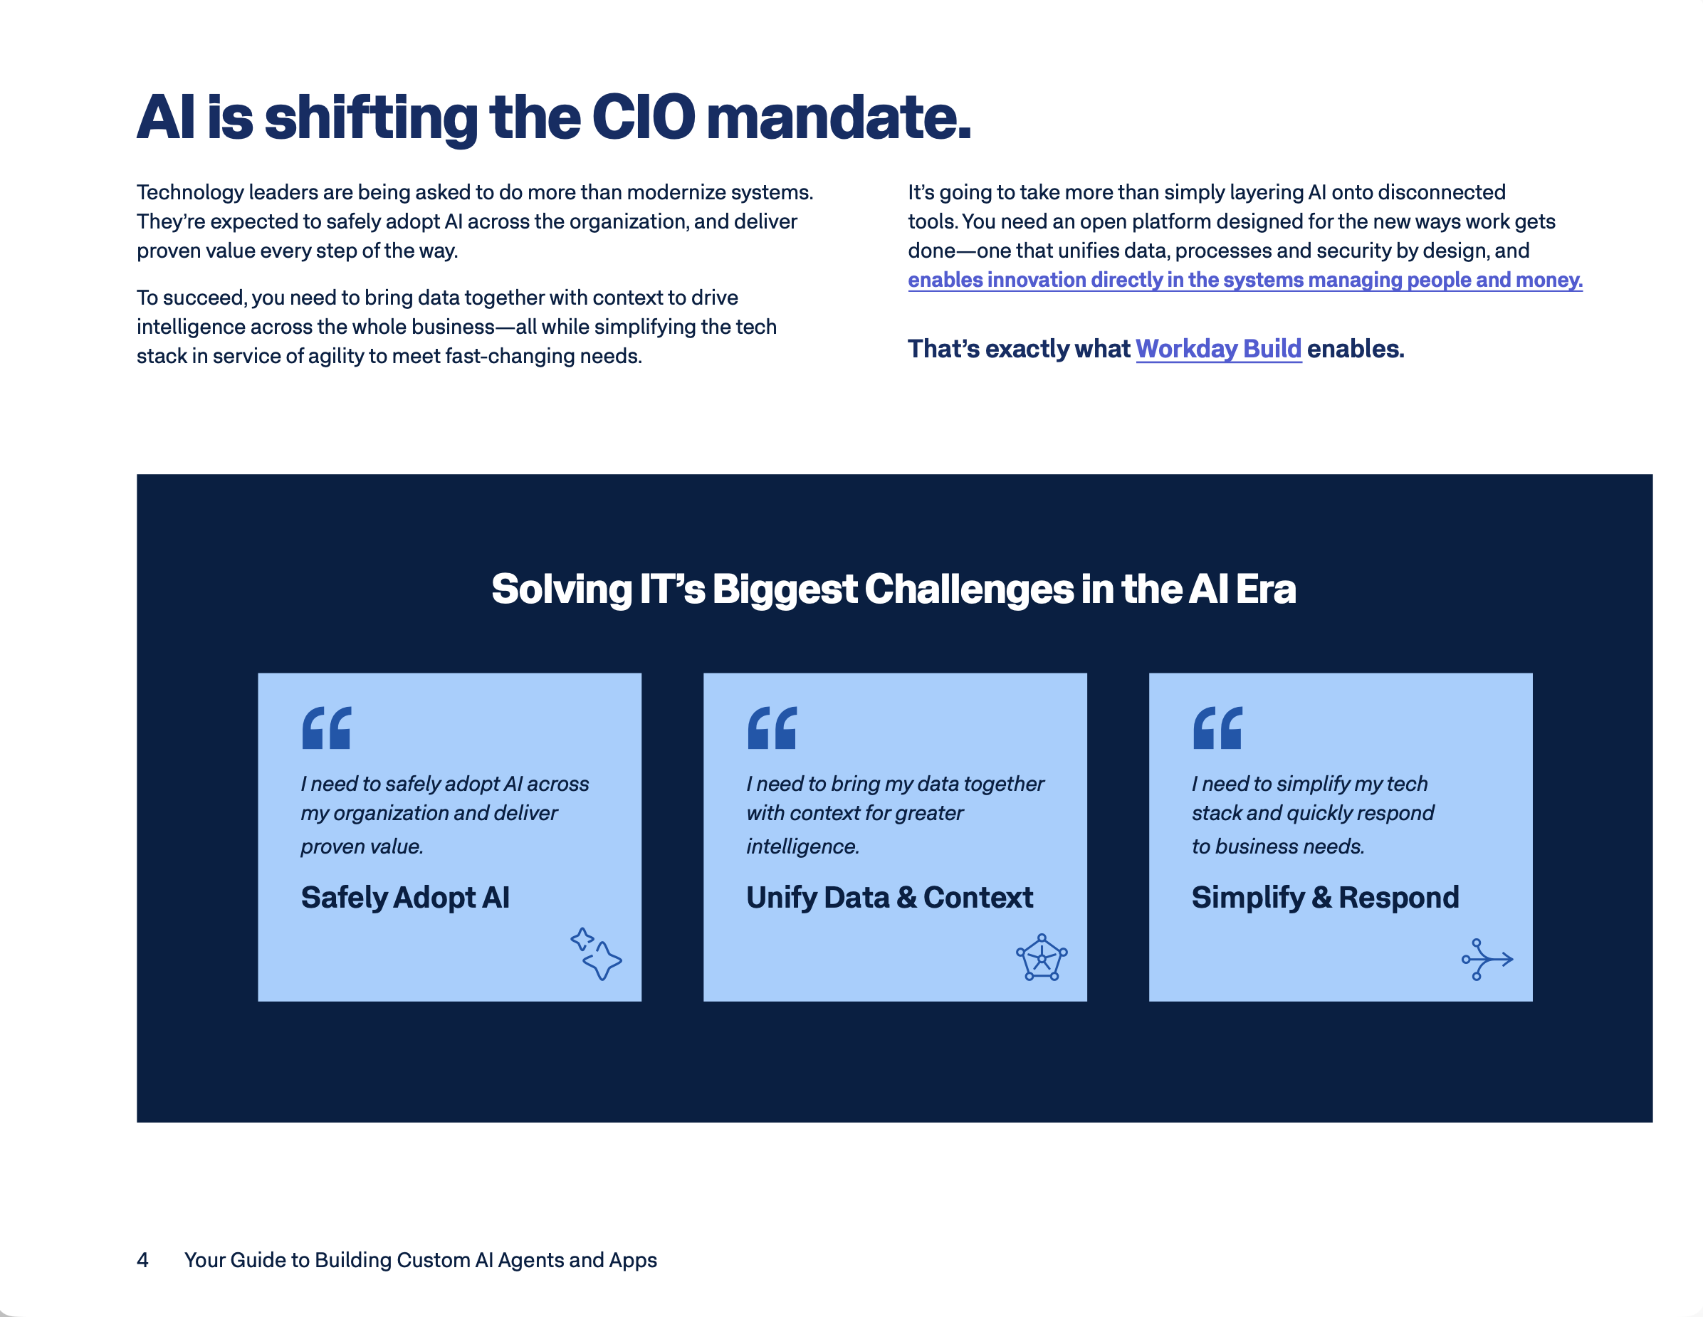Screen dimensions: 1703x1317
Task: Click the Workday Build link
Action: click(1218, 349)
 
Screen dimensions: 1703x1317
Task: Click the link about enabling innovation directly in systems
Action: click(1245, 280)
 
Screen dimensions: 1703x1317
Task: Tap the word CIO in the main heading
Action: click(644, 117)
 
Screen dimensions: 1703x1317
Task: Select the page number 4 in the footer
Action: click(142, 1260)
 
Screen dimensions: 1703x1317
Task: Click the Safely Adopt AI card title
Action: click(406, 898)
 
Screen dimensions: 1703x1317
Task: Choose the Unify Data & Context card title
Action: click(890, 898)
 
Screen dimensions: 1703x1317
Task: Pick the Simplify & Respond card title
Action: click(1326, 898)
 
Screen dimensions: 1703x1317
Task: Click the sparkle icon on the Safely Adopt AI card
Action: click(597, 954)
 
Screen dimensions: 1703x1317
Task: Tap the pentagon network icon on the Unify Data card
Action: click(1042, 957)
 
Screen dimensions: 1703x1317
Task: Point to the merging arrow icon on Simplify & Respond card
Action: click(1488, 959)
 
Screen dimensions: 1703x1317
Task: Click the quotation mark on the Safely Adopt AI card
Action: click(327, 728)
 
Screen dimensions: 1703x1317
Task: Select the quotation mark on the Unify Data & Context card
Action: click(772, 728)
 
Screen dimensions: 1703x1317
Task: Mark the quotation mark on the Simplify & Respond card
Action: click(1217, 728)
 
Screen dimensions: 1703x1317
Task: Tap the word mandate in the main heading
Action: click(839, 117)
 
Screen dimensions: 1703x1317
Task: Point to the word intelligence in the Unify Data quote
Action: click(802, 846)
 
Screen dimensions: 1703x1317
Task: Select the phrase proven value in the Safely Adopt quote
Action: click(362, 846)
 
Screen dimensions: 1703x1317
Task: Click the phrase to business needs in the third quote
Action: click(1278, 846)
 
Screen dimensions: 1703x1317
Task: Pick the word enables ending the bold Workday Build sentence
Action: click(1356, 349)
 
